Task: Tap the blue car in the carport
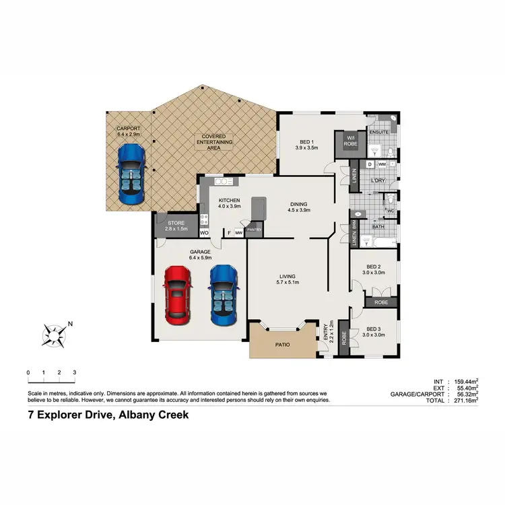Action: (131, 175)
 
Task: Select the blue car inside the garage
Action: (222, 292)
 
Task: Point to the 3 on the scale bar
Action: (74, 372)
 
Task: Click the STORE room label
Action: (176, 222)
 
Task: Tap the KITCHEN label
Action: (229, 200)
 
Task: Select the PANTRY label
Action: (254, 230)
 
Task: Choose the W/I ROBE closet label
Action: (350, 141)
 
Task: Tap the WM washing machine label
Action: (382, 164)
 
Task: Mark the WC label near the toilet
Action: (390, 211)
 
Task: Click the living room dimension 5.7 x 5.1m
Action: (289, 283)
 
